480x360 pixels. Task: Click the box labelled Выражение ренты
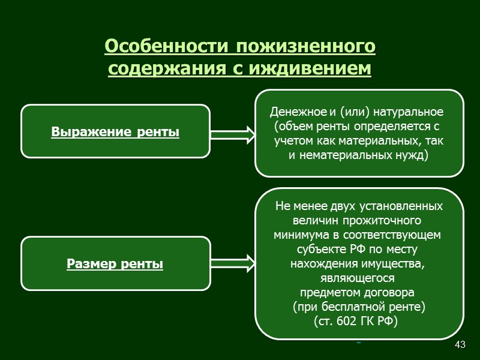(x=116, y=131)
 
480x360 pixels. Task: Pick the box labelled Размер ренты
(x=116, y=263)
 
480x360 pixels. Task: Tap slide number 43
(x=460, y=344)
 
